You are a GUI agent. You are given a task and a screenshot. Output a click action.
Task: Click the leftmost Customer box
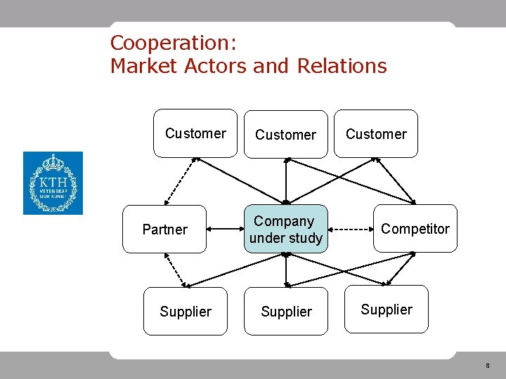point(195,133)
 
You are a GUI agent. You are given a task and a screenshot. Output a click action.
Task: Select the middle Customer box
point(285,134)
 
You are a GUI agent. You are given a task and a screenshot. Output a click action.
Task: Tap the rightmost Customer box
point(376,133)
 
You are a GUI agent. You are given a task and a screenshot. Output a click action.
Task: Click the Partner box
point(164,230)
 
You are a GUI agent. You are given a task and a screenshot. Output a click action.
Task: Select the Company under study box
point(286,229)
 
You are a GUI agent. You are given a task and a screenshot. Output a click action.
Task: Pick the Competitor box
point(415,229)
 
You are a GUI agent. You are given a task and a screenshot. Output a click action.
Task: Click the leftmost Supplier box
point(186,312)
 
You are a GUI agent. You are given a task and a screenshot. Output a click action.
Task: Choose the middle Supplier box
point(286,312)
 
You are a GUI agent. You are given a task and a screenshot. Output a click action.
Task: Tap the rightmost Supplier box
point(387,309)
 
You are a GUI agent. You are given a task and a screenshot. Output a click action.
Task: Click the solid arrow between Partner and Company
point(225,229)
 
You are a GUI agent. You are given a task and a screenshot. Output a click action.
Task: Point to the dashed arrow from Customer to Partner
point(180,180)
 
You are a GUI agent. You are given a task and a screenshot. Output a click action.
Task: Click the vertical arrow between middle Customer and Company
point(286,181)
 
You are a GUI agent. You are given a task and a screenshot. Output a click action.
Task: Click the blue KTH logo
point(53,183)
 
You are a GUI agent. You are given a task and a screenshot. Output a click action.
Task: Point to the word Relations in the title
point(342,66)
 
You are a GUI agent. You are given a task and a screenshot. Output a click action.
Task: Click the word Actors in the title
point(214,66)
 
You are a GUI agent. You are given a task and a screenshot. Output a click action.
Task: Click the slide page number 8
point(486,366)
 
